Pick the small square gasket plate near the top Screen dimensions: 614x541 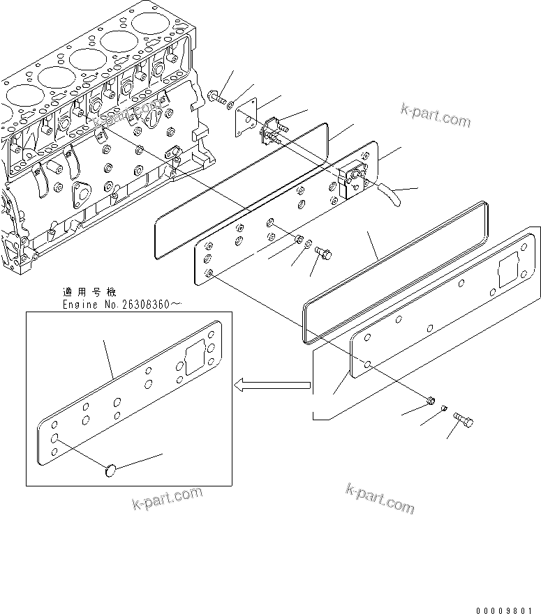coord(246,116)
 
